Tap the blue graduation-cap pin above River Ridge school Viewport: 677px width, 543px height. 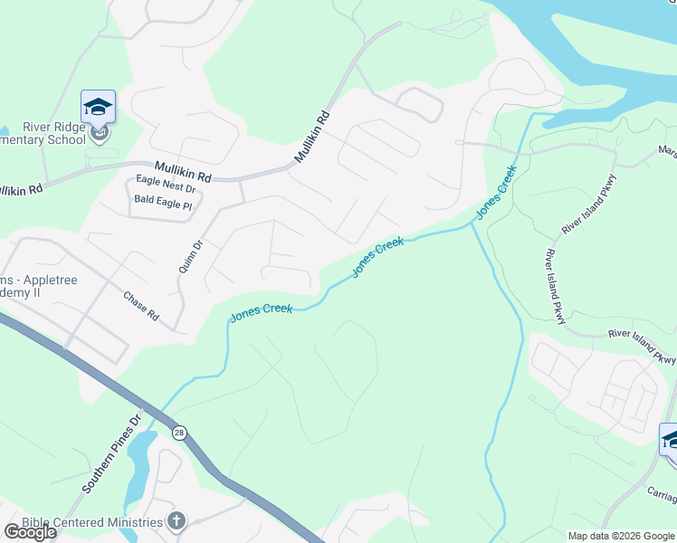pos(98,108)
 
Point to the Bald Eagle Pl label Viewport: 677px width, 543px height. pos(163,205)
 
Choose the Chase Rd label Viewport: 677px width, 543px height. pos(141,307)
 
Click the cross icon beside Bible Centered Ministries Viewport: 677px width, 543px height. pos(176,521)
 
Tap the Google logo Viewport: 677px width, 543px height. pos(29,532)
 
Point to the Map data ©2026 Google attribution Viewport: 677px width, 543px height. pos(621,536)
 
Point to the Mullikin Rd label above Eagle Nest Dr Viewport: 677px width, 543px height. pos(182,169)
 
